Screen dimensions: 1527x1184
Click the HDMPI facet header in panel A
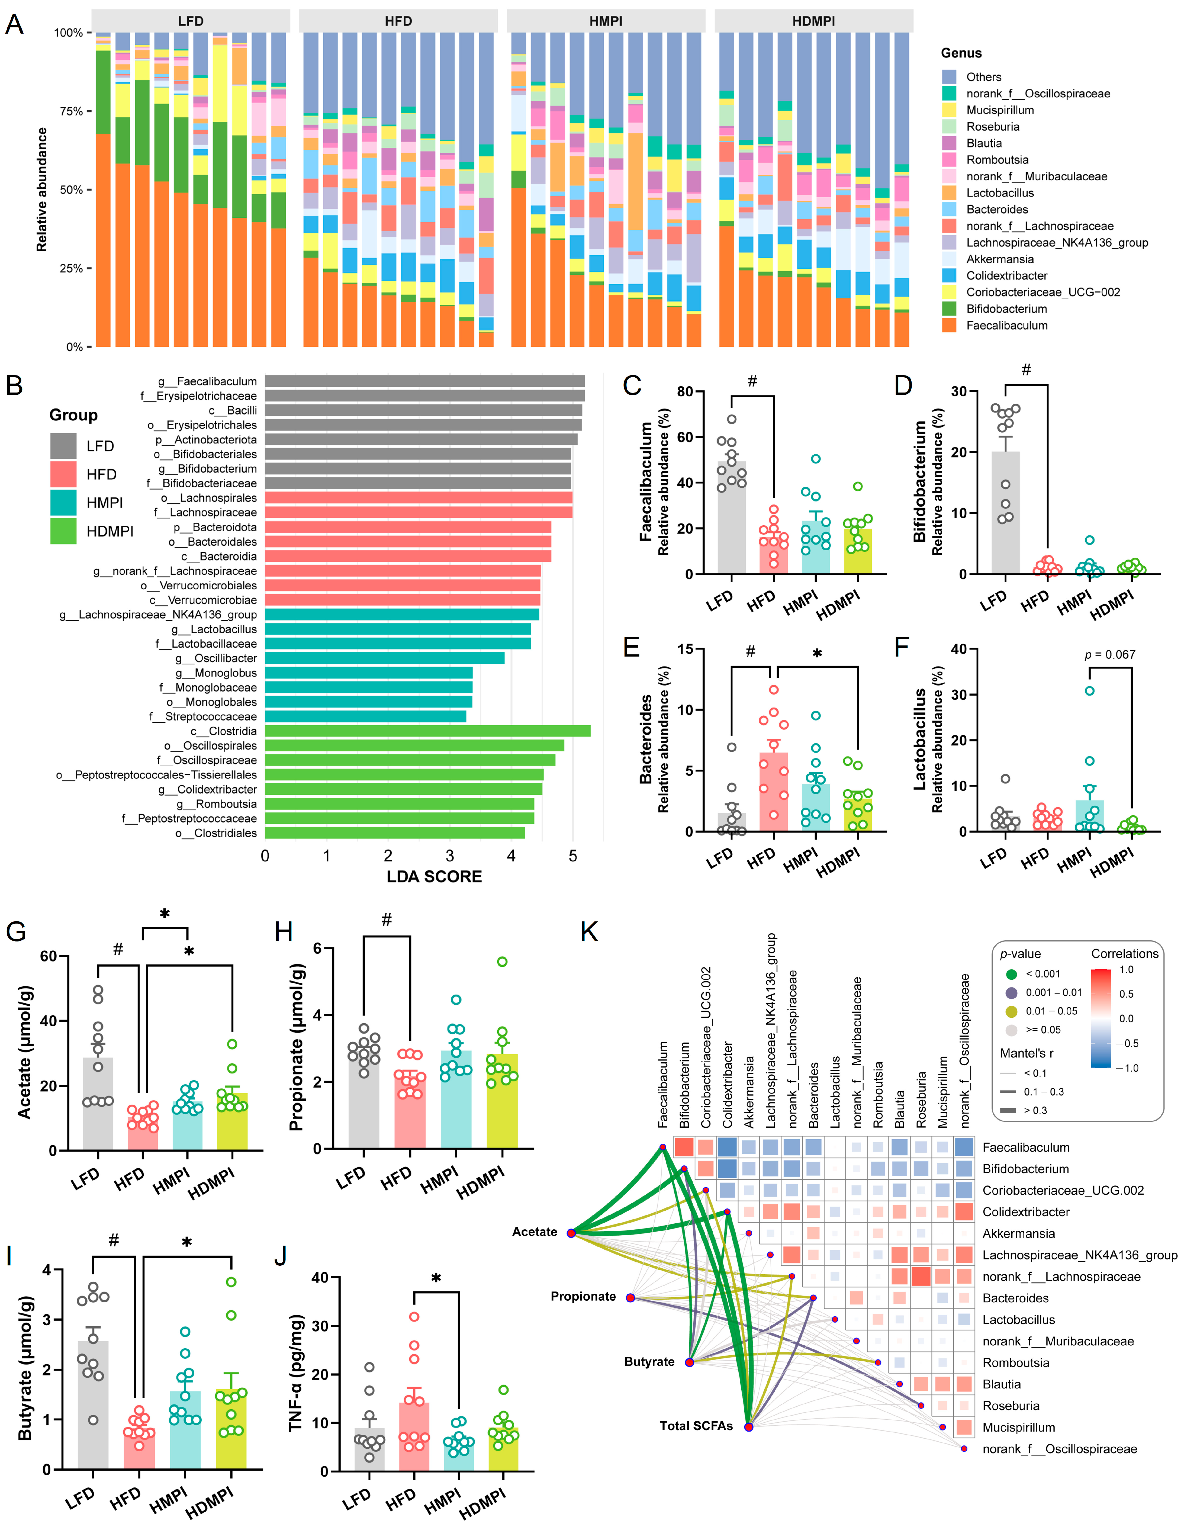tap(813, 21)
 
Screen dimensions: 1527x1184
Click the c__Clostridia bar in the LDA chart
tap(427, 731)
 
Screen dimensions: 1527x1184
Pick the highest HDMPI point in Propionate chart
tap(502, 961)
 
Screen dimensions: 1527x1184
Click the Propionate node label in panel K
tap(583, 1296)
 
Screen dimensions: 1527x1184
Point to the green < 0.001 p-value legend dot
tap(1011, 974)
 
